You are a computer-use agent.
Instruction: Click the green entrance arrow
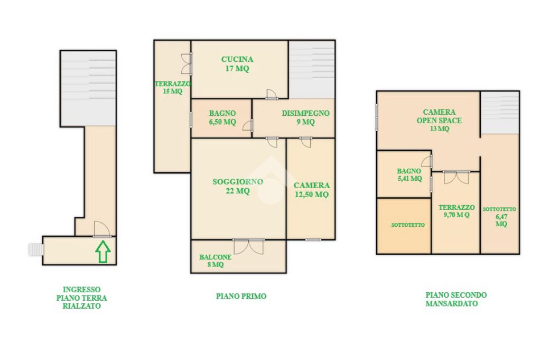tap(103, 252)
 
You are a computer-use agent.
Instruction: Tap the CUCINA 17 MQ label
tap(237, 64)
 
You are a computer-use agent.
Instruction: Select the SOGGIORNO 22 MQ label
tap(237, 186)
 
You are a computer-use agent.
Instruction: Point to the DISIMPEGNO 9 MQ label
tap(305, 117)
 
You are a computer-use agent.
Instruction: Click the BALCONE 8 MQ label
tap(216, 261)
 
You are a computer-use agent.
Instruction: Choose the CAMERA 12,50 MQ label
tap(312, 190)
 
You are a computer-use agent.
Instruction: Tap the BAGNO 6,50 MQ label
tap(222, 117)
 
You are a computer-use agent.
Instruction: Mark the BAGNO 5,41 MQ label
tap(409, 174)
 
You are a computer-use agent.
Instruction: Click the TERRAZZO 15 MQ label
tap(172, 87)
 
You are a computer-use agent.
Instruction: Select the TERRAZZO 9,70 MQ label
tap(456, 211)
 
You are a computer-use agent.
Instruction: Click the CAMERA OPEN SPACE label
tap(439, 116)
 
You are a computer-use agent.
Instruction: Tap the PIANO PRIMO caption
tap(241, 296)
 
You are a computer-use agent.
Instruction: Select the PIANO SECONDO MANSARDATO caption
tap(456, 299)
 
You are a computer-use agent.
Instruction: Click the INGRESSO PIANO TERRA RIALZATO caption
tap(81, 298)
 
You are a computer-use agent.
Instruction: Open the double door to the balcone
tap(249, 246)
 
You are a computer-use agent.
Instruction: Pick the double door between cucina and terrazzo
tap(186, 64)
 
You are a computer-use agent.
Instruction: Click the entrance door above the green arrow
tap(102, 229)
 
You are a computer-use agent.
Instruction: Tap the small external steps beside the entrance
tap(35, 250)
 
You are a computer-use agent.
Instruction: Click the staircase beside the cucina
tap(312, 69)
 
